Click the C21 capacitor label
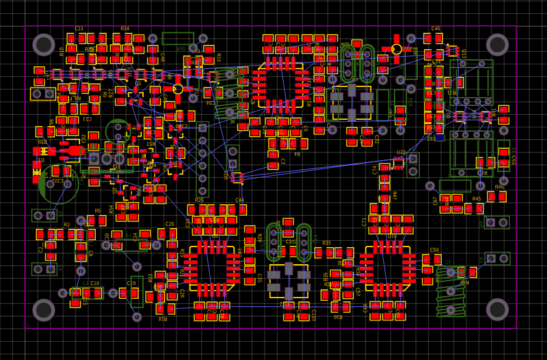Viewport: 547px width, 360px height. point(79,29)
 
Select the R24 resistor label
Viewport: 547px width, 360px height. point(125,29)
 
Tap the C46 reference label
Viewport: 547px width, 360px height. point(435,29)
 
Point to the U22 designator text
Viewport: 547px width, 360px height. point(401,153)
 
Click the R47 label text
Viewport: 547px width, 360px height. point(394,195)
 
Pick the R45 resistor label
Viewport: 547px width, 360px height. point(476,199)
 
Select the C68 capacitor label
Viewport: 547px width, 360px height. point(434,250)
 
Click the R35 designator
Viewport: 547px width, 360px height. point(326,243)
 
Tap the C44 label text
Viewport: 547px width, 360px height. point(239,200)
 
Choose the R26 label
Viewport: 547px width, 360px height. point(199,200)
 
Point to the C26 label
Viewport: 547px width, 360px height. point(170,224)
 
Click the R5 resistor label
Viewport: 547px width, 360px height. point(98,212)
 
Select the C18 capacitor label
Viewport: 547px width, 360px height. point(95,284)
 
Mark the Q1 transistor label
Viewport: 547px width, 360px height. point(138,83)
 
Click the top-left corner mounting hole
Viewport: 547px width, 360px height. point(44,45)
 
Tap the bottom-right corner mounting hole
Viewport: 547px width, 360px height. point(497,310)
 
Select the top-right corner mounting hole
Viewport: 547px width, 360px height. point(497,45)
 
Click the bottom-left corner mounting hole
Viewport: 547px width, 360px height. point(44,310)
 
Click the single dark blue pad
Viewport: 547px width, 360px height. point(439,137)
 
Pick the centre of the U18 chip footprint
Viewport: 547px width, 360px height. point(388,269)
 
